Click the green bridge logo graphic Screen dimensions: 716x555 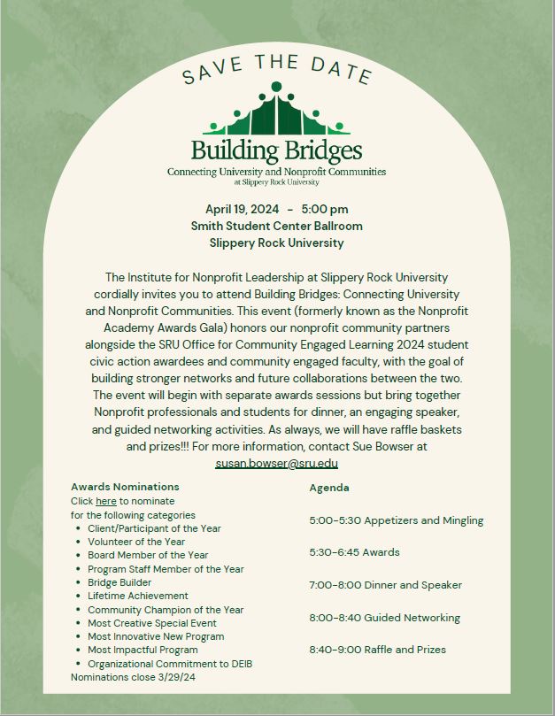[276, 112]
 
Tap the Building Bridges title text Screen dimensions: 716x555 [276, 148]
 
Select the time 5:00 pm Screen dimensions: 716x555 [324, 210]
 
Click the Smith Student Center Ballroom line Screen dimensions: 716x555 [276, 226]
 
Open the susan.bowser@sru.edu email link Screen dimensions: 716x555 [276, 463]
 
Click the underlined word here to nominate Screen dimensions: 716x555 [106, 501]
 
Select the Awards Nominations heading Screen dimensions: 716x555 [125, 487]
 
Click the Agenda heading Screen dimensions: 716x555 [328, 488]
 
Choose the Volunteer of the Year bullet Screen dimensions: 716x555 [136, 542]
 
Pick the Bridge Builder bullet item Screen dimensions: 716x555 [119, 582]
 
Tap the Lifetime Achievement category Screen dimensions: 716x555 [137, 596]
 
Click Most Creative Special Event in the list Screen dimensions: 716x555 [152, 623]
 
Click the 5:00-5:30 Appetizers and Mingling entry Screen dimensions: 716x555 [396, 520]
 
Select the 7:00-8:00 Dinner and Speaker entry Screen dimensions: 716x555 [385, 585]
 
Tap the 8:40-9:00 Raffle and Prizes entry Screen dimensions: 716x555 [377, 650]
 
